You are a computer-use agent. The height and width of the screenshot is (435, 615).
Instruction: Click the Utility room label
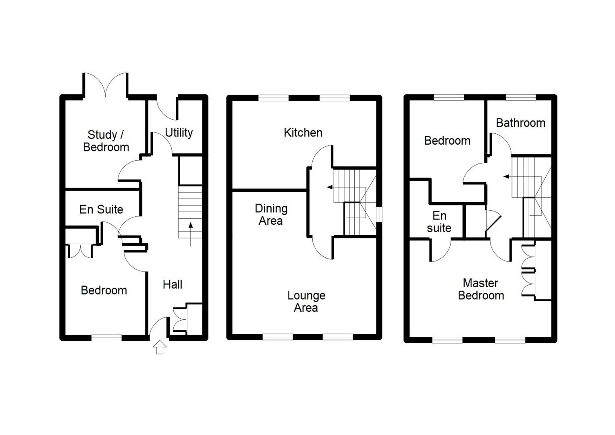pos(179,133)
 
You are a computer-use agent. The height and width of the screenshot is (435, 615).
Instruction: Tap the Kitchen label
pos(303,133)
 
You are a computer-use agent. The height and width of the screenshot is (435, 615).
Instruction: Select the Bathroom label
pos(520,123)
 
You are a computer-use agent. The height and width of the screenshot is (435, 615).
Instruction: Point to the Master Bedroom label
pos(481,289)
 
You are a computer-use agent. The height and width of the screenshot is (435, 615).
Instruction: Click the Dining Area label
pos(271,214)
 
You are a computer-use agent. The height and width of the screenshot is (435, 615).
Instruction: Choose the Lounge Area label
pos(306,301)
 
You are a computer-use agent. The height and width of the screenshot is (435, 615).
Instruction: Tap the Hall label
pos(172,284)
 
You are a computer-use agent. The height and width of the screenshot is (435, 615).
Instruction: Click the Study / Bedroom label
pos(106,141)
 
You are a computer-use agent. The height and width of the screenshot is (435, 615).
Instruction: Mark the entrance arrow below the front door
pos(160,347)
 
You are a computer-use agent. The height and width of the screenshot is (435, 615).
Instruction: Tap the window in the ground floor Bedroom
pos(106,338)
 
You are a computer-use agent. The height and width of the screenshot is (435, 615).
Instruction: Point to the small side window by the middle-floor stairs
pos(379,214)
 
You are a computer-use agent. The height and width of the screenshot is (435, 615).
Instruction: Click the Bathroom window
pos(521,97)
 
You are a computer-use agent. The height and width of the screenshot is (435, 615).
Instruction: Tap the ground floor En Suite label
pos(101,209)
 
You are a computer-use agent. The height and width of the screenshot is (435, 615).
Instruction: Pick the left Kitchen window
pos(274,97)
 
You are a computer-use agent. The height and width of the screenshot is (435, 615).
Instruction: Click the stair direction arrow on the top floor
pos(506,176)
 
